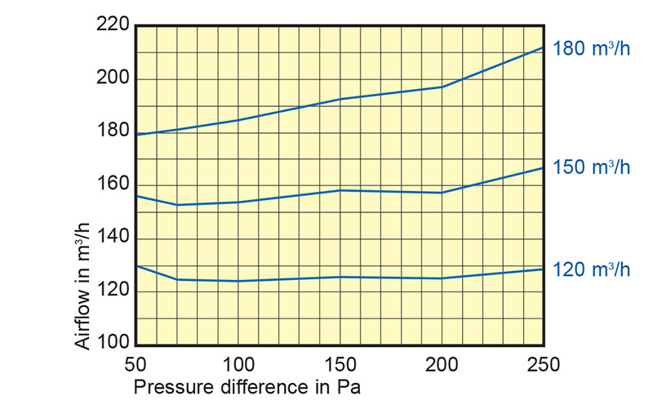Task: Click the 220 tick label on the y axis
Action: pyautogui.click(x=113, y=25)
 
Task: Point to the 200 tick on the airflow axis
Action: pyautogui.click(x=113, y=79)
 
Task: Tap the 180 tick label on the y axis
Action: pyautogui.click(x=113, y=131)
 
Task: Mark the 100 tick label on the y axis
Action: pyautogui.click(x=113, y=344)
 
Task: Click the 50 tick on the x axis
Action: pyautogui.click(x=135, y=364)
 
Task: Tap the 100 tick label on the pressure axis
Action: pyautogui.click(x=238, y=364)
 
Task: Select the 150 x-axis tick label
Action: pyautogui.click(x=340, y=364)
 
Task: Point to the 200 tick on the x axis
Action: pyautogui.click(x=442, y=364)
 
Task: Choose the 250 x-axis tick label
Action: pyautogui.click(x=544, y=364)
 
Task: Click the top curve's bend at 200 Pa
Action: pyautogui.click(x=442, y=87)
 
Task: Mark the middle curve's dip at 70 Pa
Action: pyautogui.click(x=176, y=205)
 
